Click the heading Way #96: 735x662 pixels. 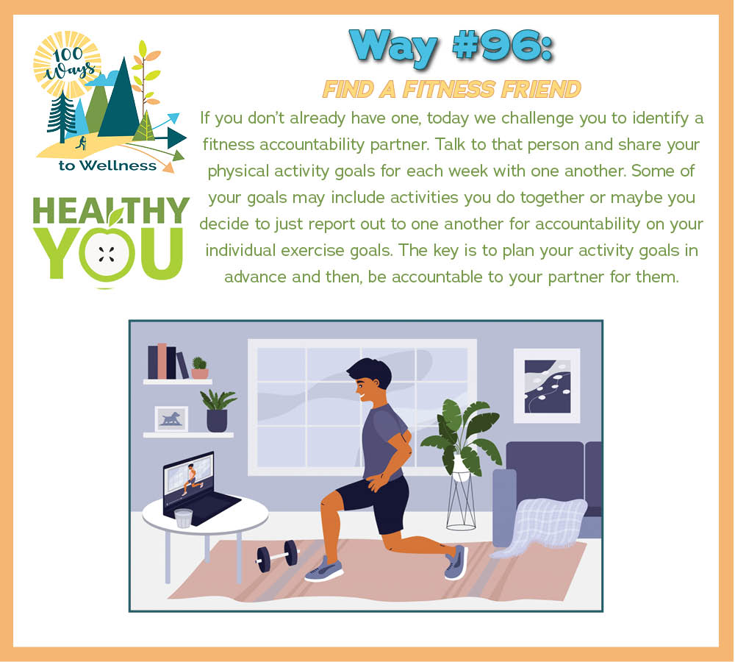(451, 47)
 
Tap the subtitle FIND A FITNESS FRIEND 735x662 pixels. (452, 89)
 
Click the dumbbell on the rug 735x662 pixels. (277, 556)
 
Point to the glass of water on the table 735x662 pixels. (183, 518)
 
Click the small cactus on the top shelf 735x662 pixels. (200, 368)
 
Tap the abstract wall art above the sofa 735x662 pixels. (547, 385)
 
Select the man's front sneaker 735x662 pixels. (324, 569)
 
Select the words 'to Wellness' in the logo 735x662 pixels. (107, 165)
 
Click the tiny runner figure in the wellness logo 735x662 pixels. (82, 143)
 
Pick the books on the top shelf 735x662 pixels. (168, 361)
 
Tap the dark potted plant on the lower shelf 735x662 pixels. (218, 410)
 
